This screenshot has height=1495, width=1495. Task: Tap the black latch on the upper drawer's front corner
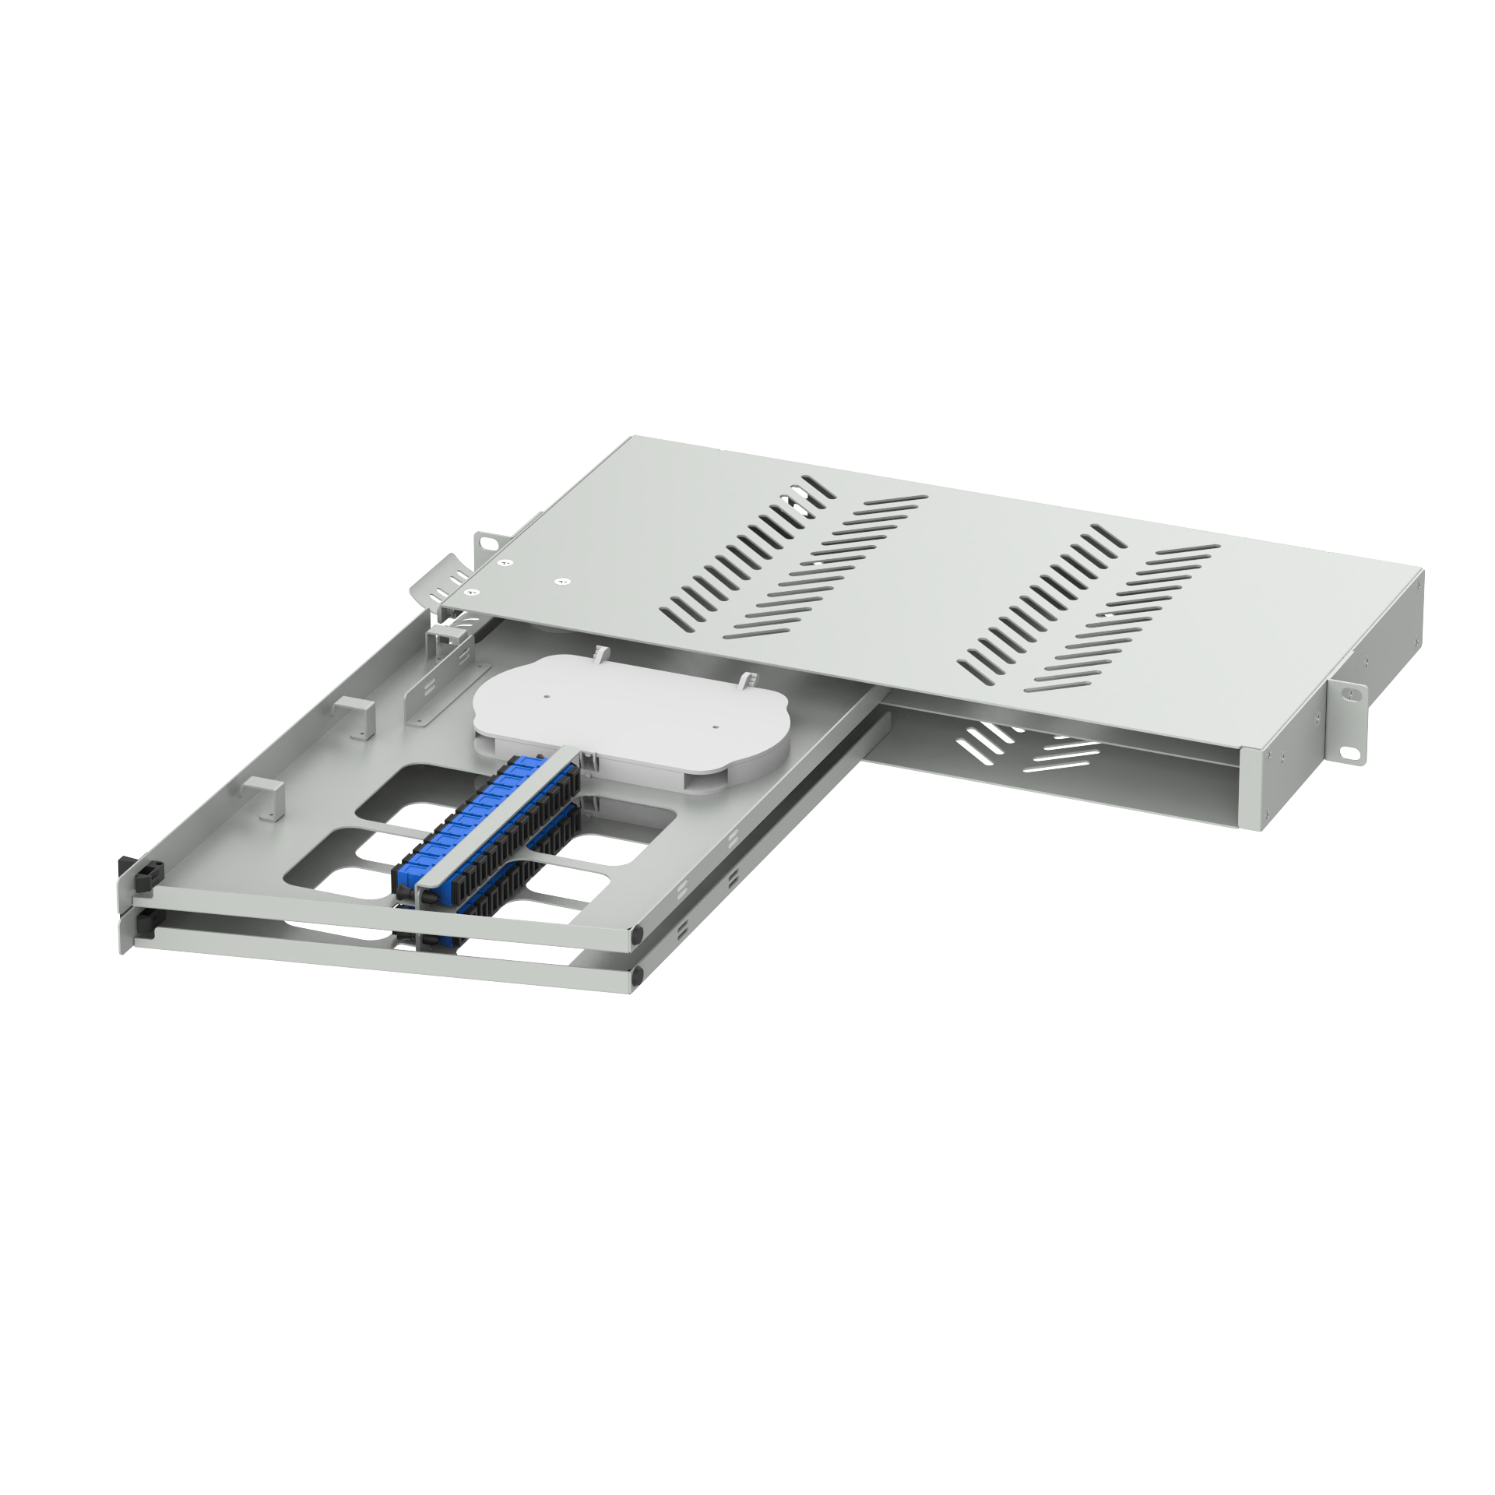[145, 876]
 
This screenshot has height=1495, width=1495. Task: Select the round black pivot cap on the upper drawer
[638, 931]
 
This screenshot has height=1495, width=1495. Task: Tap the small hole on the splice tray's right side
[715, 726]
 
